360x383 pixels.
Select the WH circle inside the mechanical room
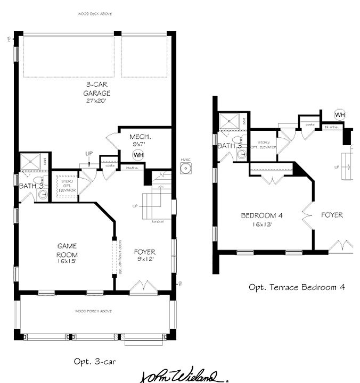pyautogui.click(x=138, y=155)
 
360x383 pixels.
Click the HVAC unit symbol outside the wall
pyautogui.click(x=185, y=169)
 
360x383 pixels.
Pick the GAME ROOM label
pyautogui.click(x=67, y=250)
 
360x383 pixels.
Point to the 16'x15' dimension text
pyautogui.click(x=67, y=261)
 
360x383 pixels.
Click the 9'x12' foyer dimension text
pyautogui.click(x=144, y=260)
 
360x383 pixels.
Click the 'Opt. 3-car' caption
pyautogui.click(x=95, y=361)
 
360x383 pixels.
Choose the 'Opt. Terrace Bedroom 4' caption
pyautogui.click(x=297, y=287)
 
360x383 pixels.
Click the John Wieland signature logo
pyautogui.click(x=184, y=376)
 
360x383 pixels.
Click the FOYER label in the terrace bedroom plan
pyautogui.click(x=332, y=215)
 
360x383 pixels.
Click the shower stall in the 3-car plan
pyautogui.click(x=30, y=161)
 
